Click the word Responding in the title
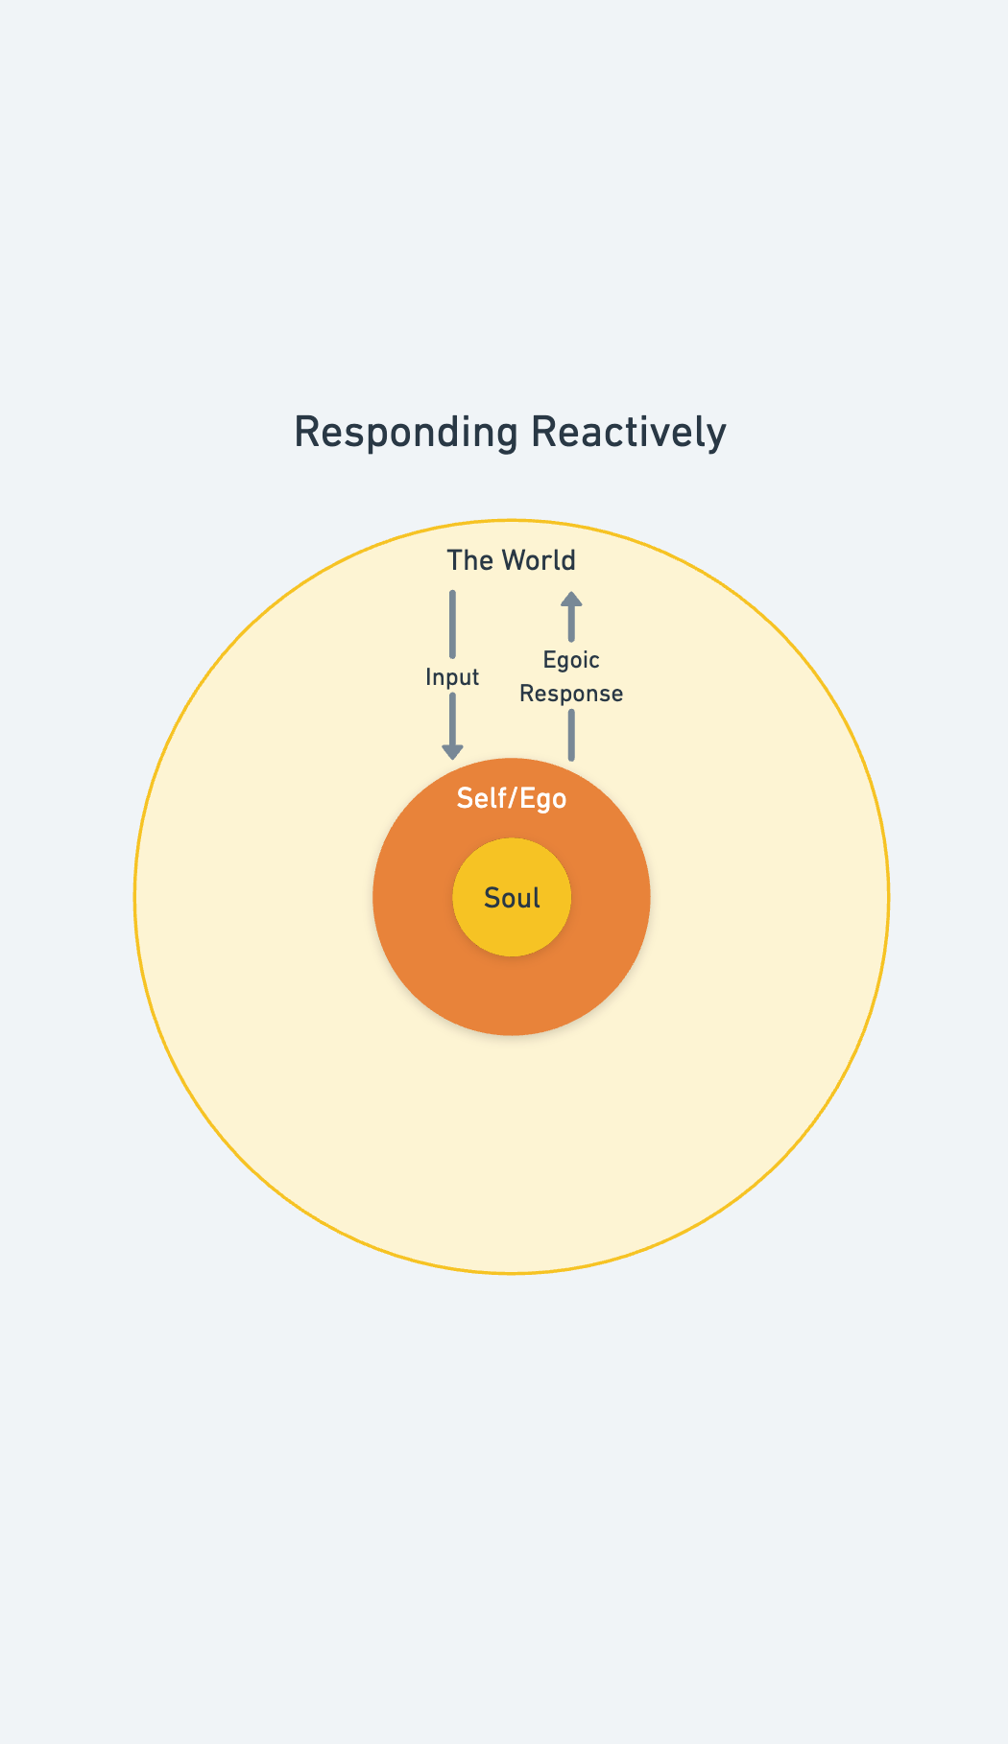406,433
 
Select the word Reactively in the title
629,433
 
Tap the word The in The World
469,560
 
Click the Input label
452,677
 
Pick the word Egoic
571,660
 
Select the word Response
571,694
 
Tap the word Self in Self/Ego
479,798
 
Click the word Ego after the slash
544,799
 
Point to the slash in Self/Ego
513,798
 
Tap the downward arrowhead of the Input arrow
452,751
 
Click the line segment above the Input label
452,624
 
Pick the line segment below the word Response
571,735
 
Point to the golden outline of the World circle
135,898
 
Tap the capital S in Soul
492,898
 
